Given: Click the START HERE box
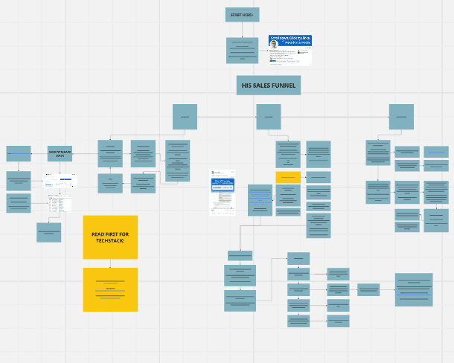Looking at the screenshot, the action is click(242, 15).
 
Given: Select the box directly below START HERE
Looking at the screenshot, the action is click(242, 50).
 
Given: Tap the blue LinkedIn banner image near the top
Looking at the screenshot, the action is click(290, 50).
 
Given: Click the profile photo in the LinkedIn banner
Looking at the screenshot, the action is click(273, 44).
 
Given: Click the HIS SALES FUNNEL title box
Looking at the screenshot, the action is click(269, 86).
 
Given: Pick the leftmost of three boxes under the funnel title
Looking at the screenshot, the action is click(185, 117).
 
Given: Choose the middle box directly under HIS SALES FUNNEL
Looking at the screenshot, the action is click(269, 117).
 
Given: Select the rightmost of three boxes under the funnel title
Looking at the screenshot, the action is click(401, 117).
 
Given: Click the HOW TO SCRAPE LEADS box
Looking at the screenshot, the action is click(60, 153).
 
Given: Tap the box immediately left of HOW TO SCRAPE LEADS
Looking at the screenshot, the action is click(19, 153).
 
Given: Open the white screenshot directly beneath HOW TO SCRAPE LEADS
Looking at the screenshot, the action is click(60, 181).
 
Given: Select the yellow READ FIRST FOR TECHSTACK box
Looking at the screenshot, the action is click(110, 237).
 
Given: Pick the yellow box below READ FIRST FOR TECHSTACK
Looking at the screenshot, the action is click(110, 289).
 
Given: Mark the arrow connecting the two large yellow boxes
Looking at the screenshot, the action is click(110, 263).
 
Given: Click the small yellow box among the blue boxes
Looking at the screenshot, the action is click(287, 177).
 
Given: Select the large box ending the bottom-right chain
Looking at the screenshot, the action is click(414, 289).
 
